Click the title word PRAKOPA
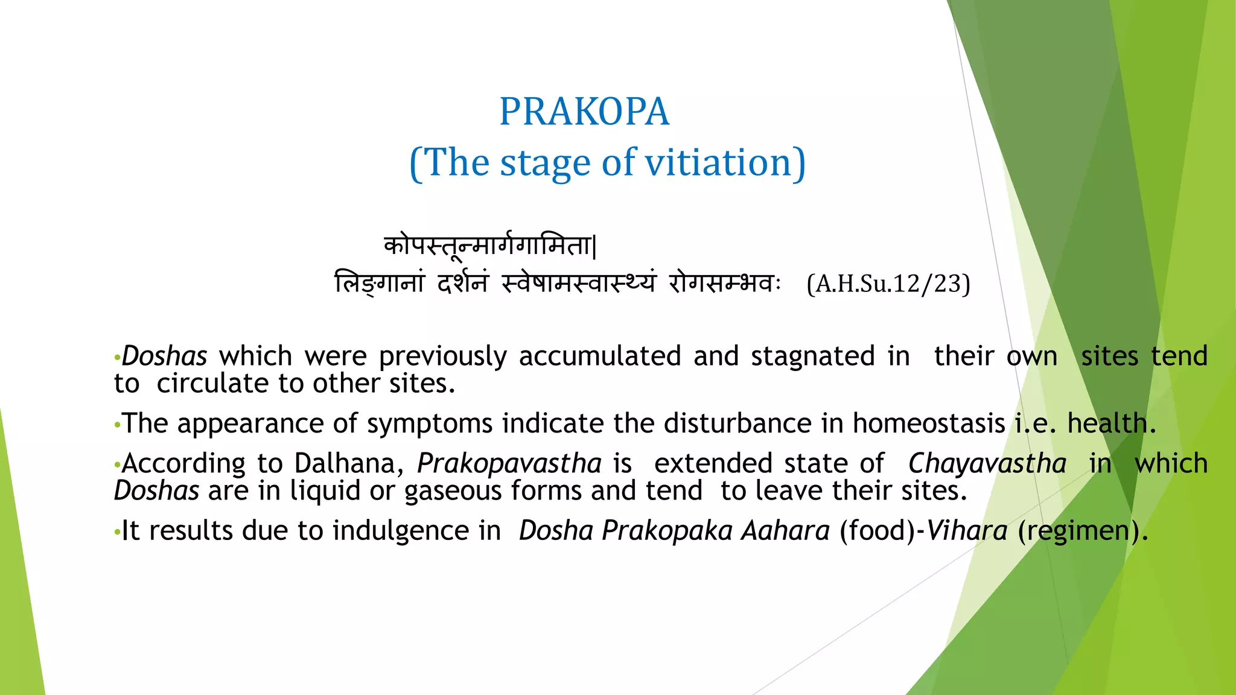584,112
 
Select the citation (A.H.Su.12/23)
888,284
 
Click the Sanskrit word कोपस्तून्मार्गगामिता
489,246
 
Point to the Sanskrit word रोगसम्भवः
724,283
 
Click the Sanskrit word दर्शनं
462,283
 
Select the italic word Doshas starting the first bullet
164,356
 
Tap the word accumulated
599,356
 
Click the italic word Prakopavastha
509,463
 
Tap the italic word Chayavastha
987,463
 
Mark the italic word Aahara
785,531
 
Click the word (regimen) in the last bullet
1081,531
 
